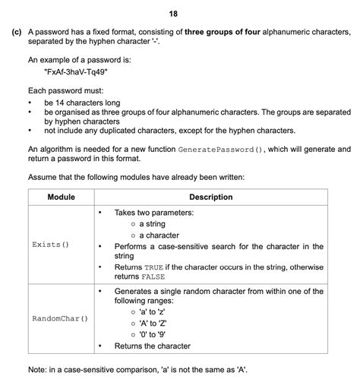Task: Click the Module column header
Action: coord(61,197)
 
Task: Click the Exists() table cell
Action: coord(50,245)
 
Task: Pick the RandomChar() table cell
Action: coord(59,318)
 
